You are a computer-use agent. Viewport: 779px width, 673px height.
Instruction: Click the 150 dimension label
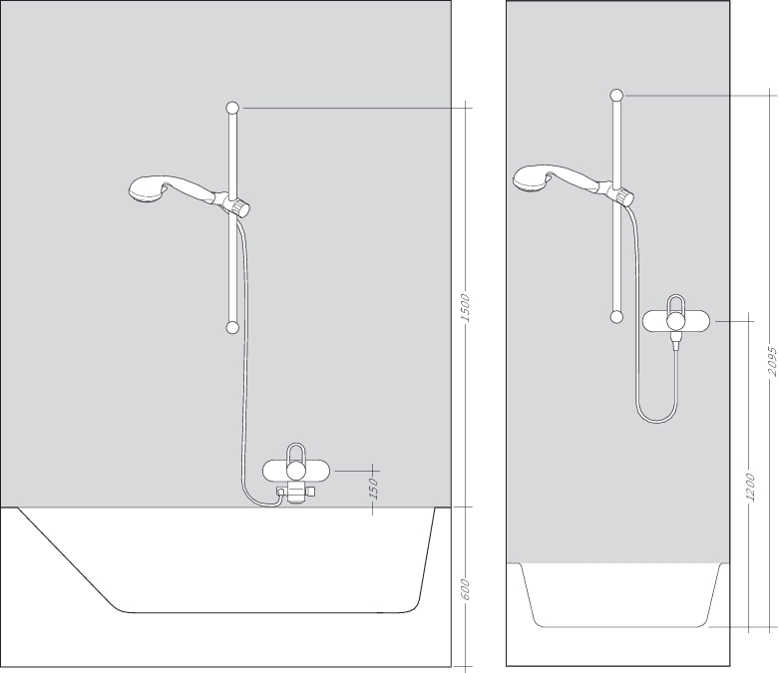pos(373,489)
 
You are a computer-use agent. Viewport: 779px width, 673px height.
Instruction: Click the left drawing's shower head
pos(149,189)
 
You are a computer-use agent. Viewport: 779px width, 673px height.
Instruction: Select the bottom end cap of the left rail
pos(232,326)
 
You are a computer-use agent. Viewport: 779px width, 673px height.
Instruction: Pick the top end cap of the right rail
pos(616,96)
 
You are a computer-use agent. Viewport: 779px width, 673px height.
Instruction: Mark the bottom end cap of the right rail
pos(616,317)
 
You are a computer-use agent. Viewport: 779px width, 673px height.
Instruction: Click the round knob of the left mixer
pos(295,471)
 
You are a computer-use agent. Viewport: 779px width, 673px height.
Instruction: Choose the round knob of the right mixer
pos(676,321)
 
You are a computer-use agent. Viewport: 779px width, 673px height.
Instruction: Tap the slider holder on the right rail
pos(622,193)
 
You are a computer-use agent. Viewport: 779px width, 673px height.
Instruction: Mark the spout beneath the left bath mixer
pos(294,496)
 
